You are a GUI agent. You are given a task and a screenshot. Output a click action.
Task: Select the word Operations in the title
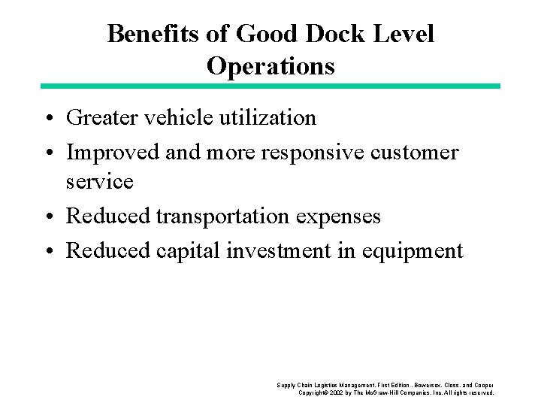[x=270, y=67]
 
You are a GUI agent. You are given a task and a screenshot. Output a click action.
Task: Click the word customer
[x=421, y=152]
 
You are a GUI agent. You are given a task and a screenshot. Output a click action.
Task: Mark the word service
[x=100, y=182]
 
